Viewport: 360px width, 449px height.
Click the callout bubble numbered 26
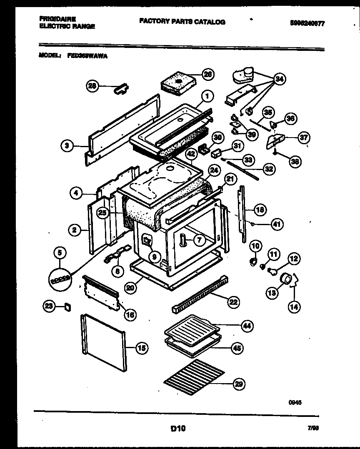click(207, 74)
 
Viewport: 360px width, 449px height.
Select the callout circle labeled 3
click(66, 146)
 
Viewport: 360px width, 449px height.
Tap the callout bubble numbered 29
click(239, 384)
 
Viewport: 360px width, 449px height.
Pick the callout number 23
click(49, 307)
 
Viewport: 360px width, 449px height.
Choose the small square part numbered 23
click(67, 308)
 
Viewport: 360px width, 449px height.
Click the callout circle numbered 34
click(279, 78)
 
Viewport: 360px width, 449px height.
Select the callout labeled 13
click(272, 293)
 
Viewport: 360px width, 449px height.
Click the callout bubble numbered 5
click(60, 252)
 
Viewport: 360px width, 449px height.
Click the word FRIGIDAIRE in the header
click(57, 19)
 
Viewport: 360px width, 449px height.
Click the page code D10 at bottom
click(178, 428)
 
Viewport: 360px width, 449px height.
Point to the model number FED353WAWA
click(87, 55)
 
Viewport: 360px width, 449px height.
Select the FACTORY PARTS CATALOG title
click(182, 22)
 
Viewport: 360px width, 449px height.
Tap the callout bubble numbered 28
click(92, 86)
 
